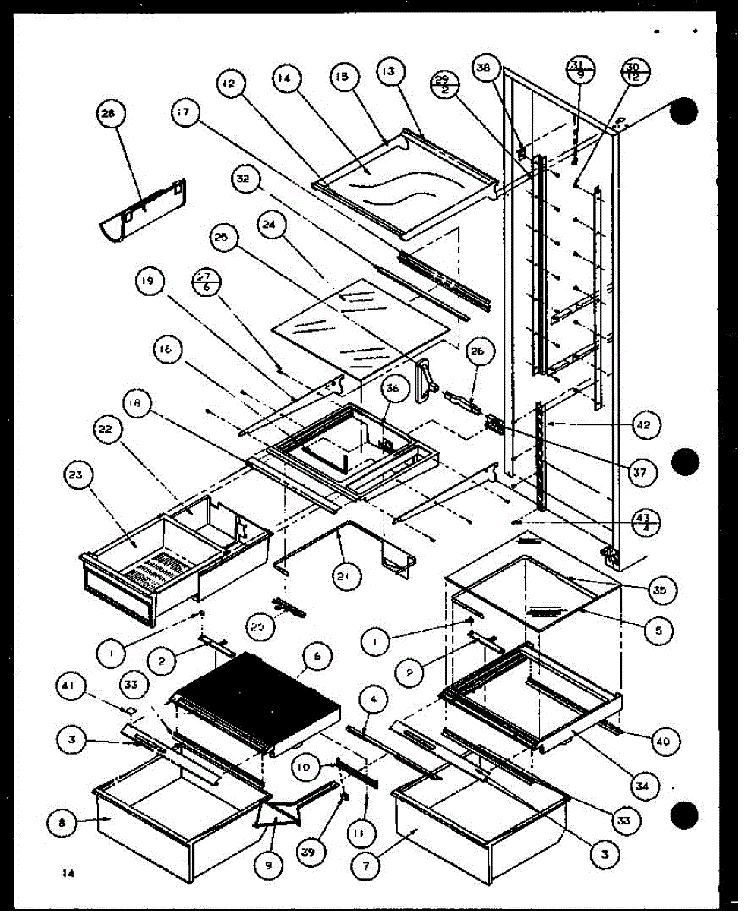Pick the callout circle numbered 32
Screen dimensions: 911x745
[x=244, y=180]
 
